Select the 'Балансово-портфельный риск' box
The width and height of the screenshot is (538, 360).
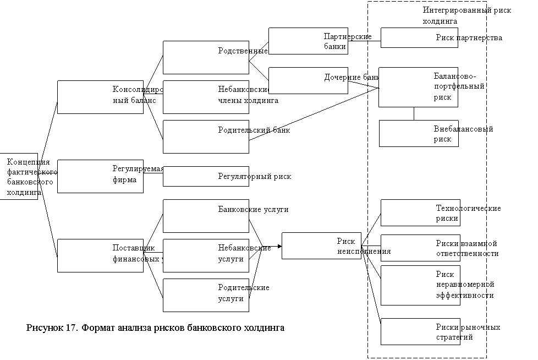click(x=419, y=87)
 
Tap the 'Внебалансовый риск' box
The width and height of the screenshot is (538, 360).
click(x=419, y=134)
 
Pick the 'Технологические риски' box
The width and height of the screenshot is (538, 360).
click(x=420, y=213)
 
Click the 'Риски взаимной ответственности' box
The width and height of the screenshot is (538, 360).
click(x=420, y=248)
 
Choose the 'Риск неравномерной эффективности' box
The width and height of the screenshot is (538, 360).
click(x=420, y=285)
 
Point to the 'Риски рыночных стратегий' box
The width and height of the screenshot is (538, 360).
click(x=420, y=332)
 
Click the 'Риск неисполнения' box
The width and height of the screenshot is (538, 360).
click(x=325, y=246)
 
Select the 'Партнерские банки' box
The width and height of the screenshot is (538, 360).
click(x=308, y=41)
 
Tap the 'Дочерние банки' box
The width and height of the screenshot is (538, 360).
click(x=308, y=81)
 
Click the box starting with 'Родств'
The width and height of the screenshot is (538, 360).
click(x=206, y=57)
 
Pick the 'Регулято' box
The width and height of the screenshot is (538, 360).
click(x=206, y=176)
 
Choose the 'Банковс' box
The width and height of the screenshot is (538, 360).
click(x=206, y=216)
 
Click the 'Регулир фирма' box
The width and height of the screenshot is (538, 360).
click(x=100, y=176)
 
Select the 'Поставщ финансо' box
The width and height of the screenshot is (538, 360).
click(x=100, y=255)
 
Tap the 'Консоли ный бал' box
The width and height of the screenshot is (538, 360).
click(x=100, y=97)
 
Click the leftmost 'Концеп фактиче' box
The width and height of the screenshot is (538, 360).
click(x=19, y=176)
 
